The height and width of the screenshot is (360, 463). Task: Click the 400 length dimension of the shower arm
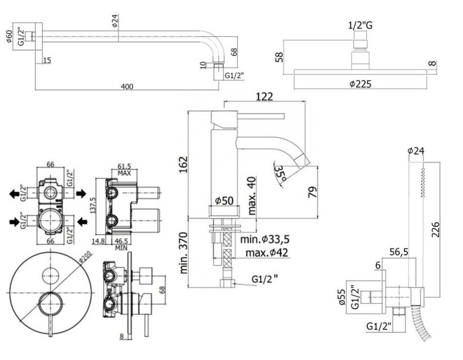(x=127, y=87)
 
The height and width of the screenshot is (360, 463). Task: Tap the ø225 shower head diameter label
(x=361, y=84)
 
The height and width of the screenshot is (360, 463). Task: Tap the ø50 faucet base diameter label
(x=224, y=201)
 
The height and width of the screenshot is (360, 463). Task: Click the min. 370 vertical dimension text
(x=184, y=252)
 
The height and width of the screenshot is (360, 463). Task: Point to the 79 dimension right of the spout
(x=313, y=191)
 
